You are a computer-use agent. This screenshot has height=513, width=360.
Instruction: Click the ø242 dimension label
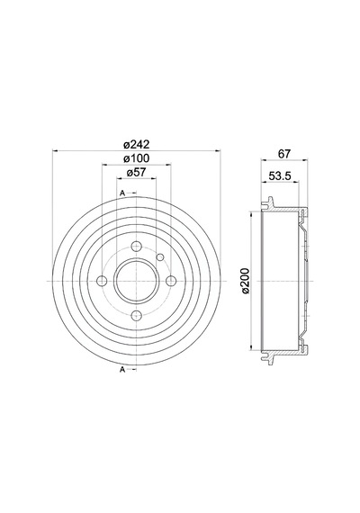[x=136, y=144]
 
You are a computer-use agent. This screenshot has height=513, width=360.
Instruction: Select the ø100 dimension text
[x=136, y=158]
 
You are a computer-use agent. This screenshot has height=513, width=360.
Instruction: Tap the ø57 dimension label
[x=136, y=173]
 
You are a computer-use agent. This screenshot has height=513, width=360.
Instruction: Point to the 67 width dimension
[x=283, y=154]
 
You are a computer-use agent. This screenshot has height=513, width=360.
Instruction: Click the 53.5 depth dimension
[x=280, y=175]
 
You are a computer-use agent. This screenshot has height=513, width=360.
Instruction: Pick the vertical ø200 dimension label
[x=245, y=281]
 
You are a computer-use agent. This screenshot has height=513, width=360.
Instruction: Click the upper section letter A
[x=122, y=193]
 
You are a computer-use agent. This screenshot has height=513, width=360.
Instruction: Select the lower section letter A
[x=122, y=370]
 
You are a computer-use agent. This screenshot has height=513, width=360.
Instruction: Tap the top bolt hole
[x=136, y=246]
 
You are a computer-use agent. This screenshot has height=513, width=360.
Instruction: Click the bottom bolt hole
[x=136, y=315]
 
